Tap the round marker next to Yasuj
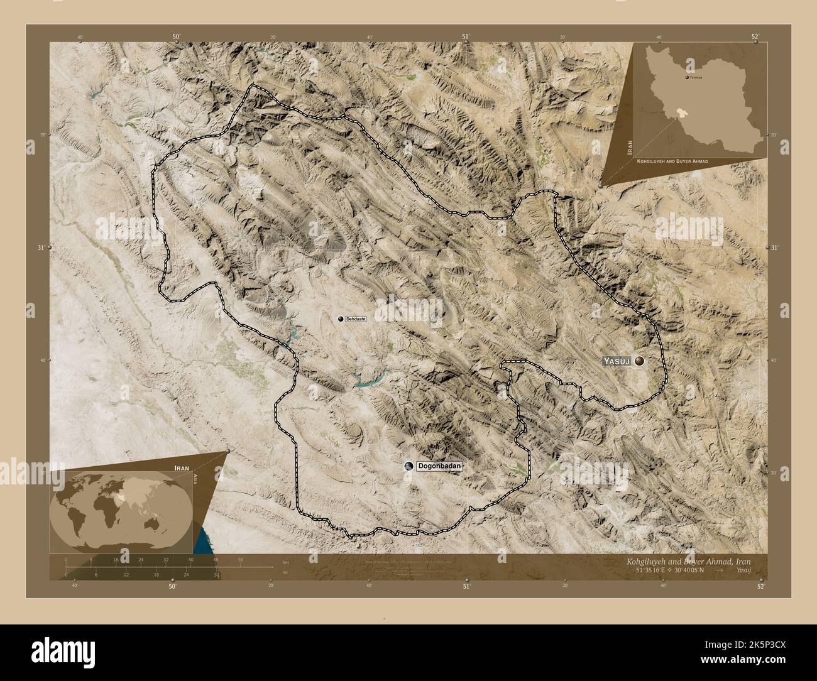[x=640, y=361]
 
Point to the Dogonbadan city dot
[x=410, y=466]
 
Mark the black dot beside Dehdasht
[x=341, y=319]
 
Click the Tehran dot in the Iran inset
[x=686, y=77]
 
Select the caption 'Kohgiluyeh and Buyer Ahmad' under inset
[x=672, y=161]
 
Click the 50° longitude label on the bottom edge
[x=172, y=586]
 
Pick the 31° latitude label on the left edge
[x=40, y=248]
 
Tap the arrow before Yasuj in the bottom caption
[x=719, y=570]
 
